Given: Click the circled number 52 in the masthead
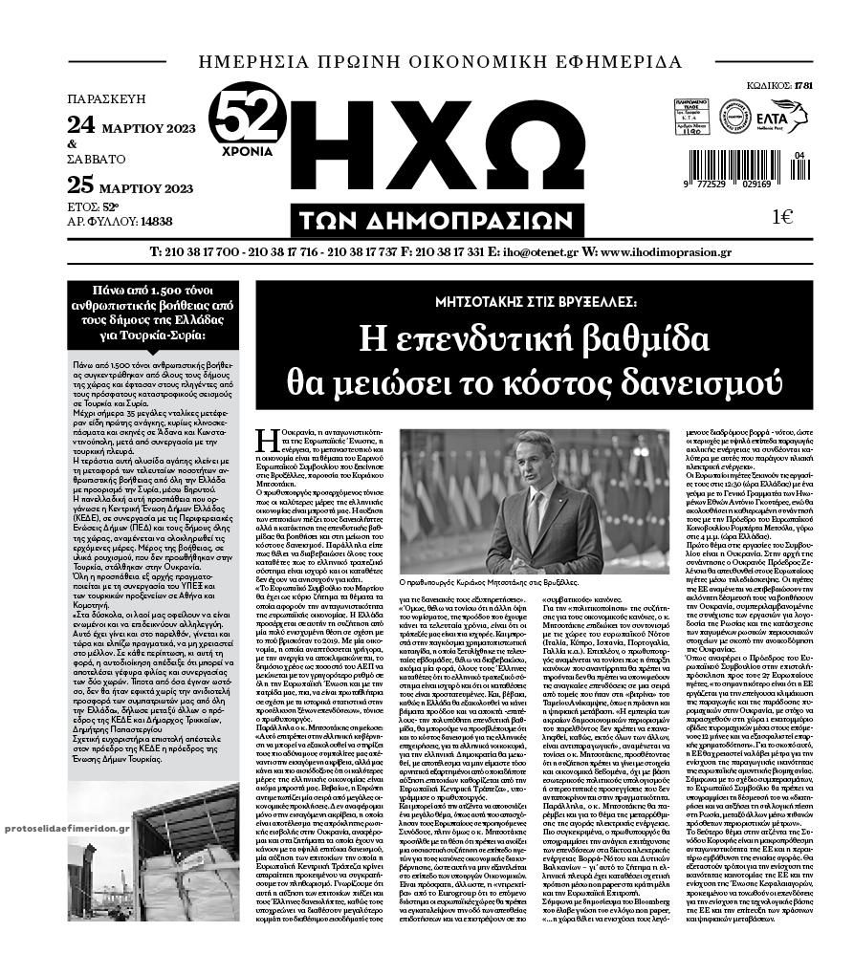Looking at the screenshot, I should coord(247,120).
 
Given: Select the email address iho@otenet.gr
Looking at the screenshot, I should coord(541,252).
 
